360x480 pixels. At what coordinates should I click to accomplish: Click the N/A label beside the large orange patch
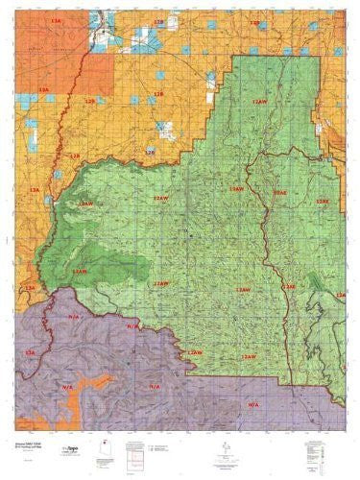[60, 382]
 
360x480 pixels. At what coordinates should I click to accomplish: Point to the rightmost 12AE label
[324, 202]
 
